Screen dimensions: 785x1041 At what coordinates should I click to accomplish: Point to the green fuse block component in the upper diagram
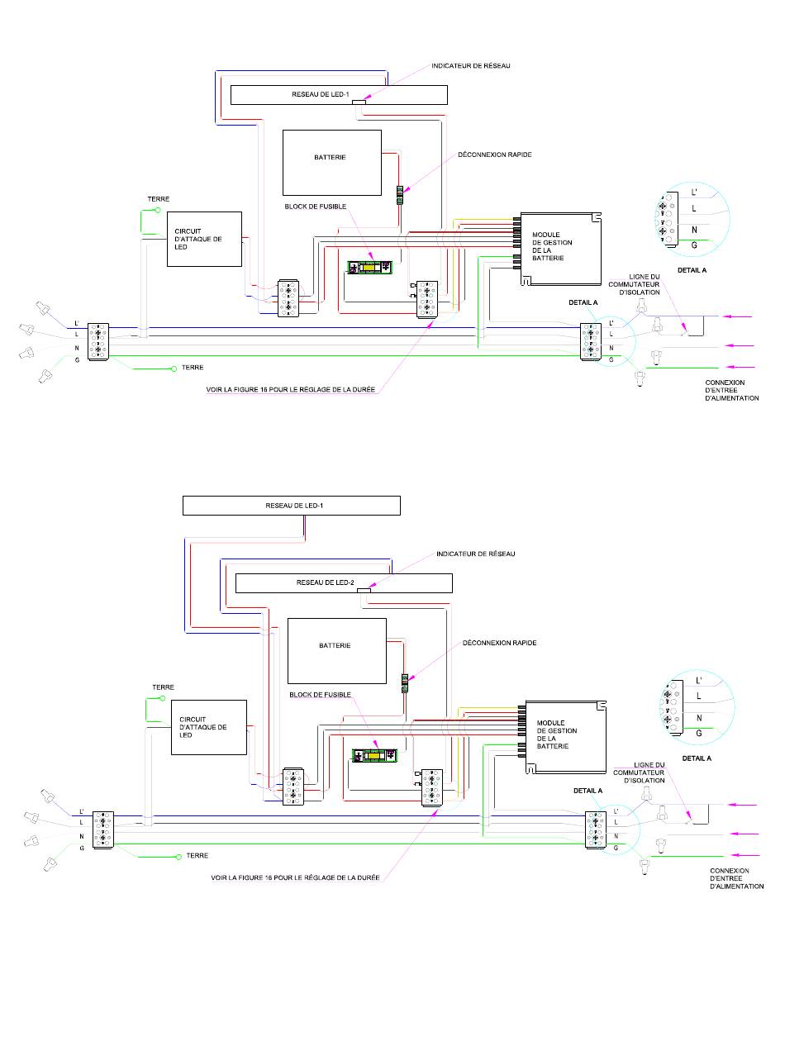pyautogui.click(x=370, y=268)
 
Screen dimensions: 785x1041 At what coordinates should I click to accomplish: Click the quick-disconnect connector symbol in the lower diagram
pyautogui.click(x=405, y=683)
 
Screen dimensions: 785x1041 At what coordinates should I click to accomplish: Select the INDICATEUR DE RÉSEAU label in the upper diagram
pyautogui.click(x=470, y=66)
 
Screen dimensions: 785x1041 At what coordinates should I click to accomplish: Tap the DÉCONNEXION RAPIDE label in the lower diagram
pyautogui.click(x=499, y=643)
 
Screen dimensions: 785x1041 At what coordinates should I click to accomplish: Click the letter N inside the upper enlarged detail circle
pyautogui.click(x=694, y=230)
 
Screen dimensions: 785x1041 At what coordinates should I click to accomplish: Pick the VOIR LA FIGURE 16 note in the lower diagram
pyautogui.click(x=295, y=877)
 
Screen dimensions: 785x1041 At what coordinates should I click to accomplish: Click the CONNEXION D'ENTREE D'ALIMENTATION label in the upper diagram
pyautogui.click(x=731, y=390)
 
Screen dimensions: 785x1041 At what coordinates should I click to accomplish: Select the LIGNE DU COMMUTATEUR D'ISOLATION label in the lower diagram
pyautogui.click(x=639, y=772)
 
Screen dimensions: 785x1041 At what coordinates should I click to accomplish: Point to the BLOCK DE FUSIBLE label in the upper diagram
pyautogui.click(x=316, y=207)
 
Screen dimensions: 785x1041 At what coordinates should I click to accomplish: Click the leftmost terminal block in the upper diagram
pyautogui.click(x=98, y=341)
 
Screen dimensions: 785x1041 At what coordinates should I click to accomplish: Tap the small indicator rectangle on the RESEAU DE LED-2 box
pyautogui.click(x=364, y=591)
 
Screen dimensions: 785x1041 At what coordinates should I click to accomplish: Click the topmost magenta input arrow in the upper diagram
pyautogui.click(x=736, y=316)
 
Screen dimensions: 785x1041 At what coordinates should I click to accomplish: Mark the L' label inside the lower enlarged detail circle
pyautogui.click(x=699, y=681)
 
